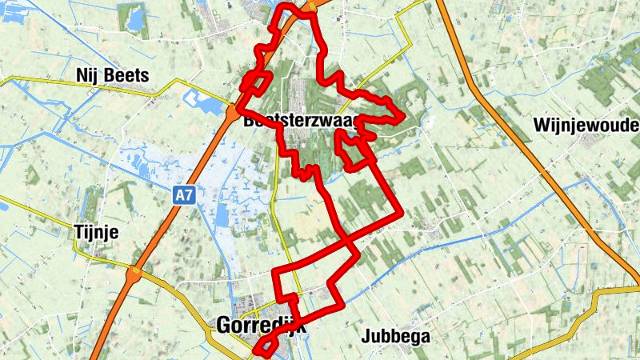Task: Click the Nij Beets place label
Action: click(113, 75)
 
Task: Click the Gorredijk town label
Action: click(260, 326)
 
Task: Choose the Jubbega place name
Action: click(395, 336)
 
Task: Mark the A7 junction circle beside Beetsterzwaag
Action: click(230, 108)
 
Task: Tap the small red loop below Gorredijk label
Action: click(266, 346)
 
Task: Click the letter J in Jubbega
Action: click(366, 336)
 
